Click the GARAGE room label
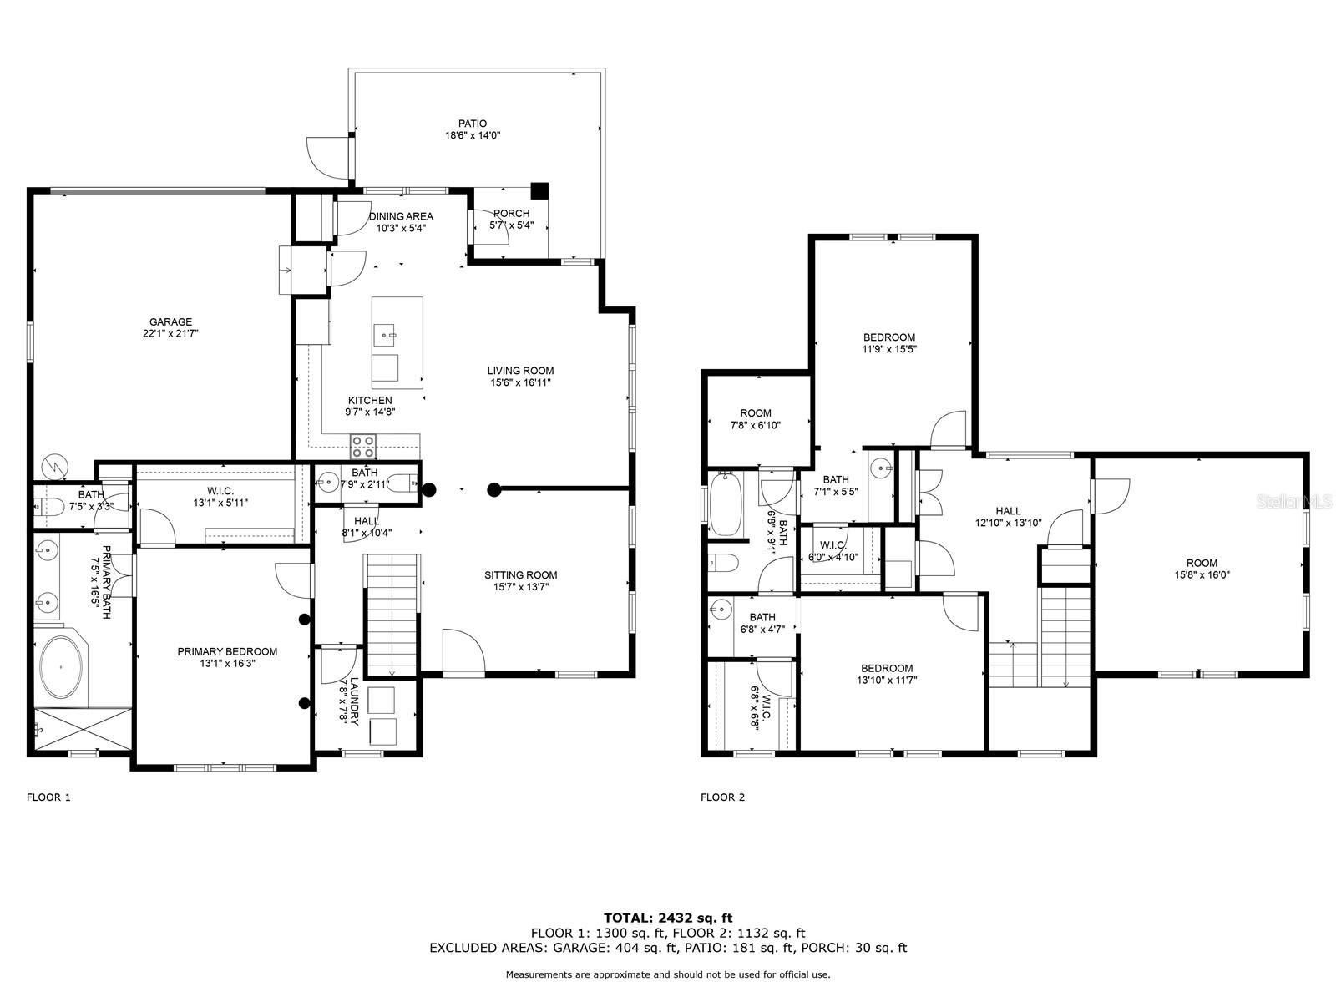click(170, 321)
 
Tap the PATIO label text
click(473, 124)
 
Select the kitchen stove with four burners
click(362, 446)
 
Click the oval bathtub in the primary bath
click(61, 667)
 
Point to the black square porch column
click(539, 190)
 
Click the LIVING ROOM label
click(520, 371)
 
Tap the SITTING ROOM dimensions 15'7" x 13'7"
click(521, 587)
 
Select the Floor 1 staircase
click(392, 615)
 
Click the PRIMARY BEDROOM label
click(227, 651)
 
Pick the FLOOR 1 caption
click(48, 797)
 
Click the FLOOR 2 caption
click(722, 797)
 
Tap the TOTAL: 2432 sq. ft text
click(668, 918)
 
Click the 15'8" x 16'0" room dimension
click(1202, 575)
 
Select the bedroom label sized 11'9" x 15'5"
click(889, 337)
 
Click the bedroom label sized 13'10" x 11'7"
click(887, 669)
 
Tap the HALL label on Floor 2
click(1008, 511)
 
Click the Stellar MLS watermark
click(1293, 502)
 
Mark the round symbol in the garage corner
click(55, 468)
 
